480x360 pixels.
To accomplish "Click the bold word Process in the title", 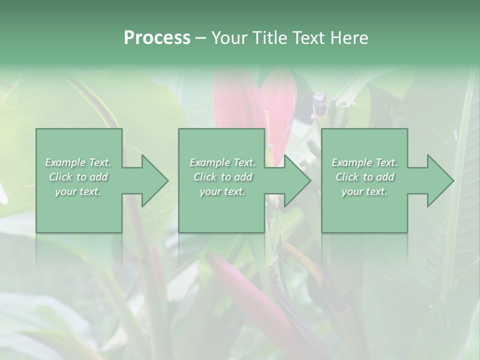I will click(157, 38).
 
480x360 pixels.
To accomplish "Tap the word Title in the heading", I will click(271, 38).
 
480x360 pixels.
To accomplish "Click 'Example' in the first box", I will click(65, 162).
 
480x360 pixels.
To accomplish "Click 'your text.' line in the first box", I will click(78, 191).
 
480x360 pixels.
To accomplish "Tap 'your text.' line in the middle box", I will click(222, 191).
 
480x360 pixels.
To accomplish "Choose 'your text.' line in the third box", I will click(364, 191).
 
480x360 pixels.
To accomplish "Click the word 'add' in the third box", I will click(385, 177).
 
